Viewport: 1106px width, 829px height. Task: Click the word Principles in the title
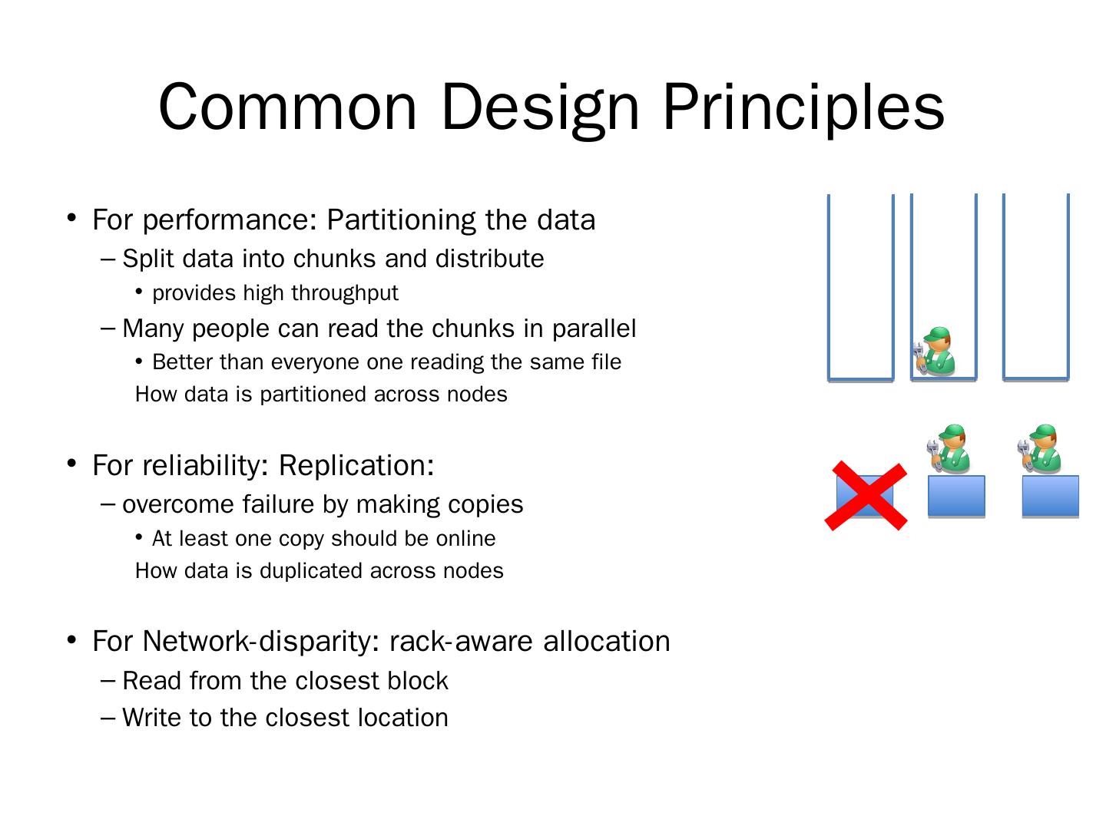(803, 107)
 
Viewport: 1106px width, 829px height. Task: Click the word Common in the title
(288, 107)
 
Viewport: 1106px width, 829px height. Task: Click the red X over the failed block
(866, 495)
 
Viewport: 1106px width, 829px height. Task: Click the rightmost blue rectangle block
(1050, 496)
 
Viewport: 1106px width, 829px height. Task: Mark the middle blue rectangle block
(956, 496)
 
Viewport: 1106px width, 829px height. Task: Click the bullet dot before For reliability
(71, 463)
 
